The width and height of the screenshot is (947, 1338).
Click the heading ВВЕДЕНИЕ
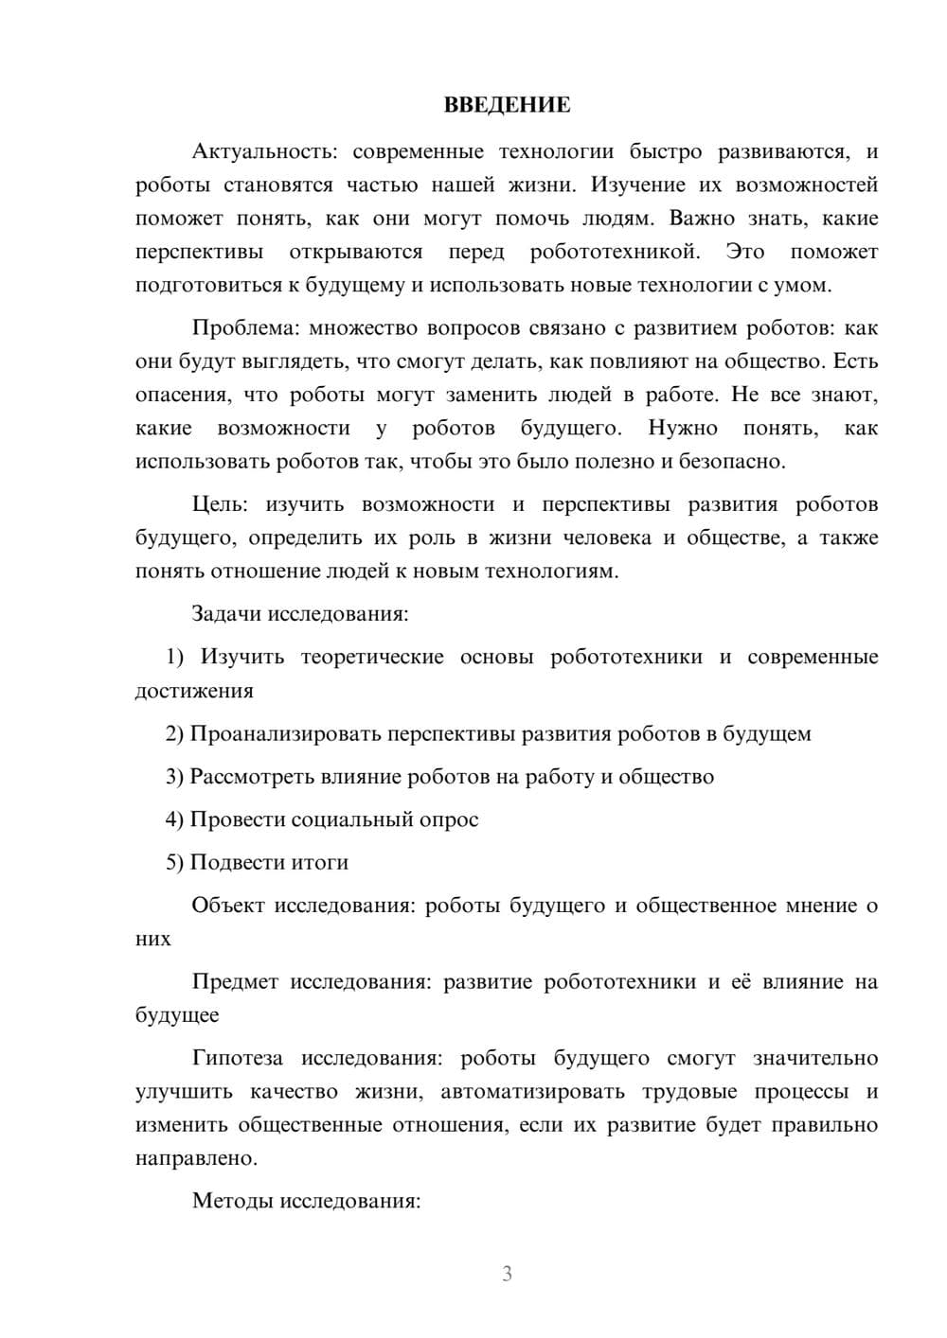pos(507,105)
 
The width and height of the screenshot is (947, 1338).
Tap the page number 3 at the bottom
pos(507,1274)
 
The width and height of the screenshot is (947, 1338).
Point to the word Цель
pos(219,503)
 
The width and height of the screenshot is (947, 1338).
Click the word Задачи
pos(226,613)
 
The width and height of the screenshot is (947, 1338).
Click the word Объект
pos(228,906)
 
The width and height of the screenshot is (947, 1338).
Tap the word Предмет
pos(235,981)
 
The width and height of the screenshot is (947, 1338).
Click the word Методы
pos(229,1201)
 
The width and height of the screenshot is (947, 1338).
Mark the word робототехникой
pos(615,253)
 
